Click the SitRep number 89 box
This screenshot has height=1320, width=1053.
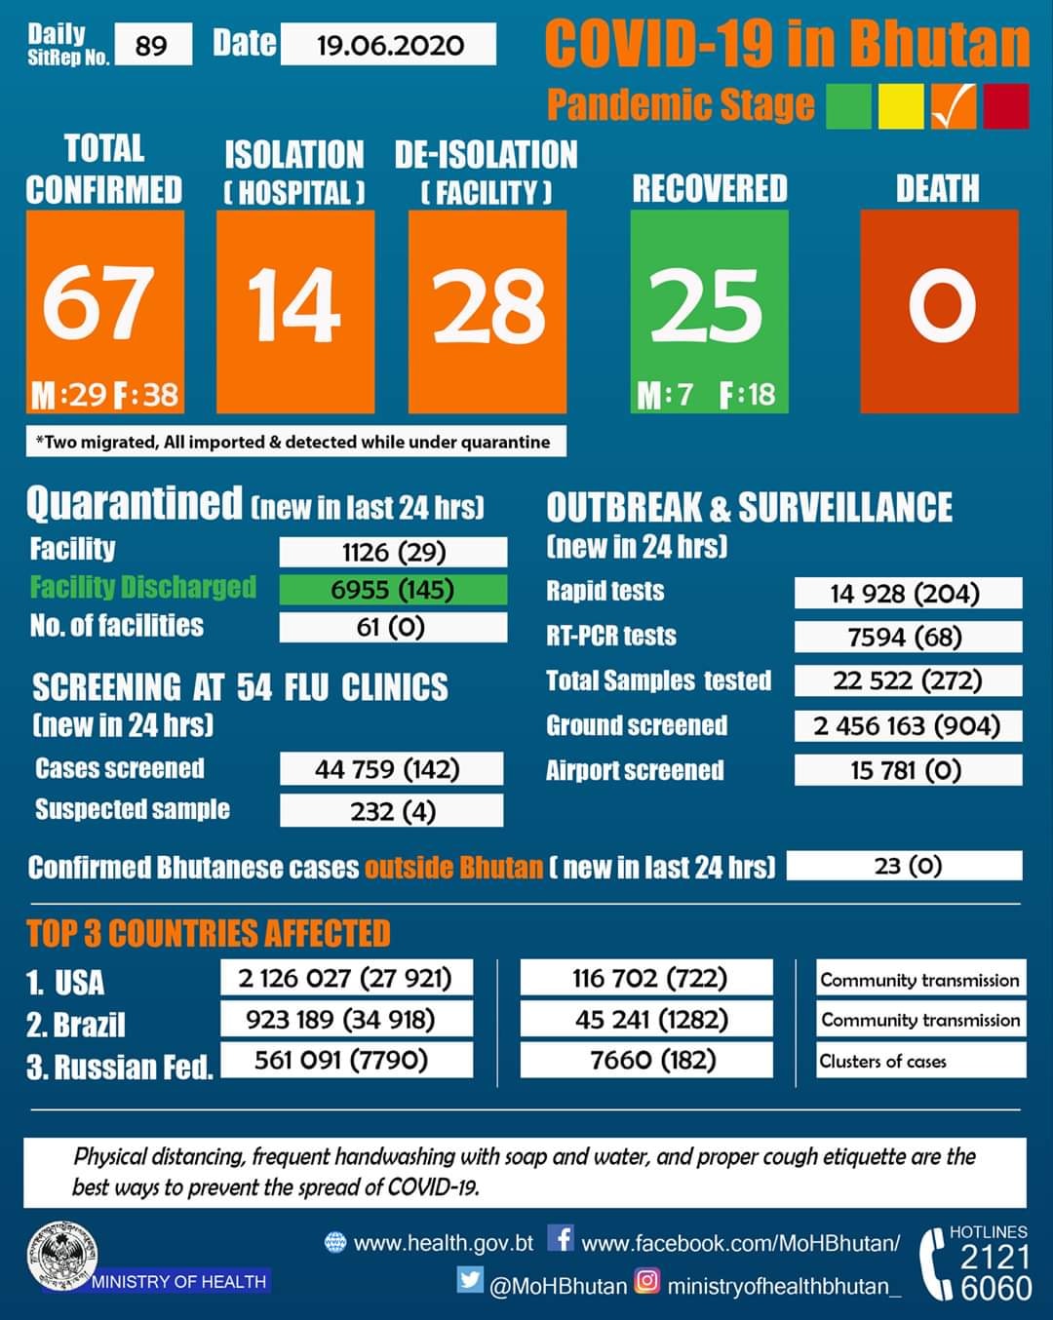point(153,44)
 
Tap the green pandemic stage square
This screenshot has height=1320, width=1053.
point(848,106)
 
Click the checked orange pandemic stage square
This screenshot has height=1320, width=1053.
point(953,106)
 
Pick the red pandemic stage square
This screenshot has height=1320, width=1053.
point(1006,106)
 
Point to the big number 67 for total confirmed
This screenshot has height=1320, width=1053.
point(98,303)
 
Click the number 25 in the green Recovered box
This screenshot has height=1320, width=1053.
point(706,305)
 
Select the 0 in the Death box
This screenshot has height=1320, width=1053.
point(942,305)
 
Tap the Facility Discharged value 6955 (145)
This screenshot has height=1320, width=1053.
point(393,590)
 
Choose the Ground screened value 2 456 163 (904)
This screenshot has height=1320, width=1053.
point(908,725)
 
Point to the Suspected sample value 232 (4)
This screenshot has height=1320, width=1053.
point(392,810)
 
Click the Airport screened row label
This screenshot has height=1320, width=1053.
point(635,770)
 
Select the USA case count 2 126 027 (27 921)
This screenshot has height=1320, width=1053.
point(347,978)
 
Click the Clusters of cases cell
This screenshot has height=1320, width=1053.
point(921,1061)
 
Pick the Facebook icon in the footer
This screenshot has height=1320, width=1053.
point(561,1238)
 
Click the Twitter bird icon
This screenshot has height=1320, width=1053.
point(470,1280)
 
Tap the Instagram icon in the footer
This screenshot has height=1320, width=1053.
point(646,1280)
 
